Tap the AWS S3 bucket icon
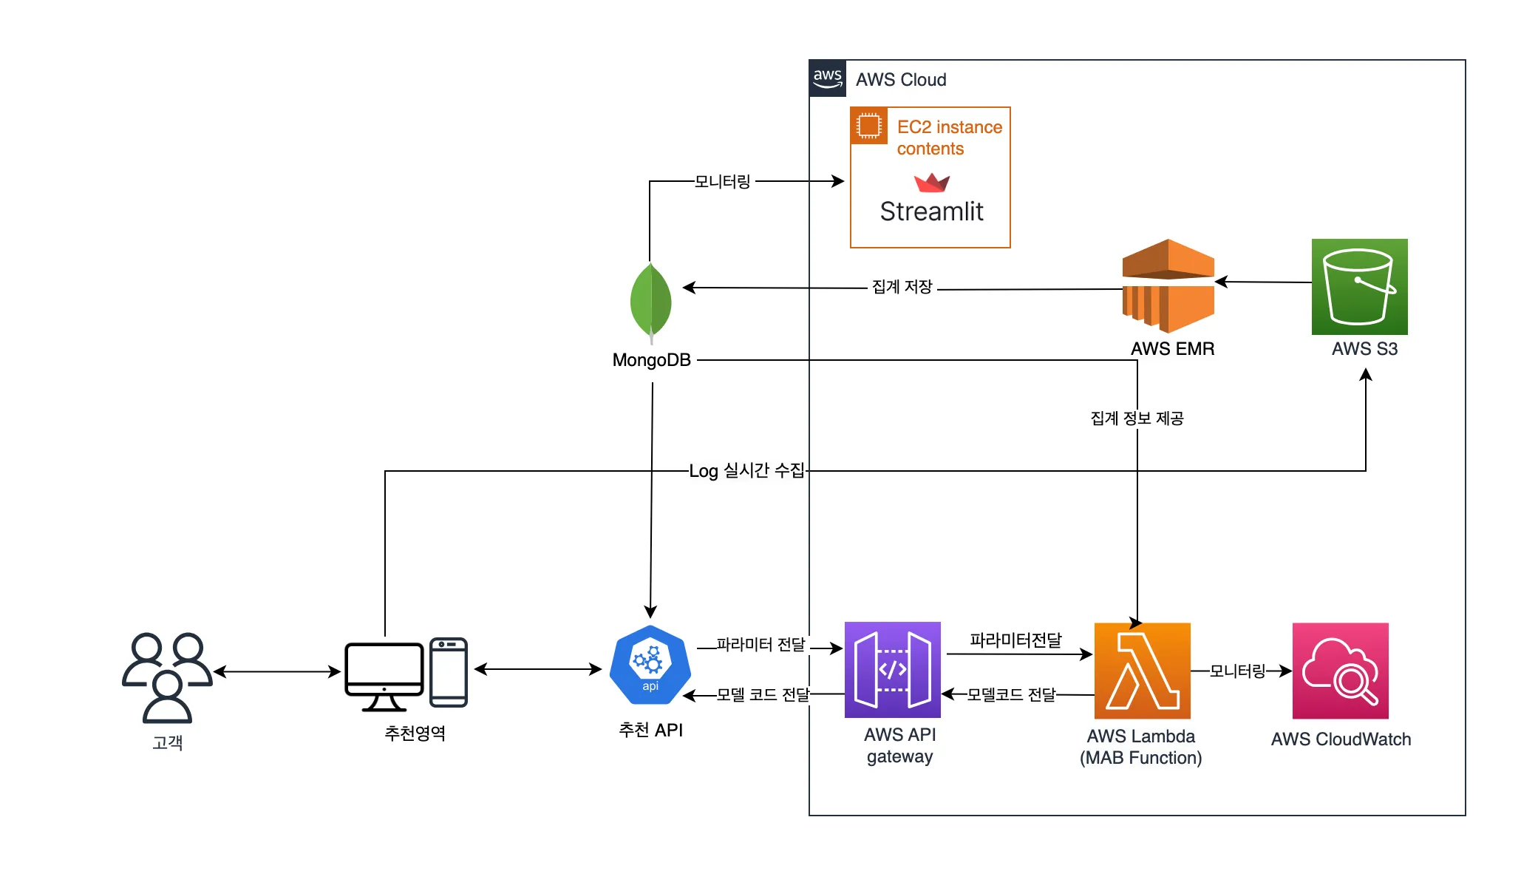point(1359,287)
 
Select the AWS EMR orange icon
point(1168,286)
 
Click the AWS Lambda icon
point(1142,671)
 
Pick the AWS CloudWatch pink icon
point(1340,671)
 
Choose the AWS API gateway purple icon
point(892,670)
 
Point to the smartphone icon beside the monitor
point(449,672)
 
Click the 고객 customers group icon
point(167,677)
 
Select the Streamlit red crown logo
point(931,182)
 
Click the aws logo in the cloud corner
point(828,78)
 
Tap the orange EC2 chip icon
point(869,126)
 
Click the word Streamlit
point(931,212)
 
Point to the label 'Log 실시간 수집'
point(746,471)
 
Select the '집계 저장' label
point(902,287)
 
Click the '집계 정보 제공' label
point(1137,418)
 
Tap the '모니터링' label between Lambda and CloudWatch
point(1237,671)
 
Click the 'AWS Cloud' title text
point(901,80)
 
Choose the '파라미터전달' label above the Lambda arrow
point(1015,640)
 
